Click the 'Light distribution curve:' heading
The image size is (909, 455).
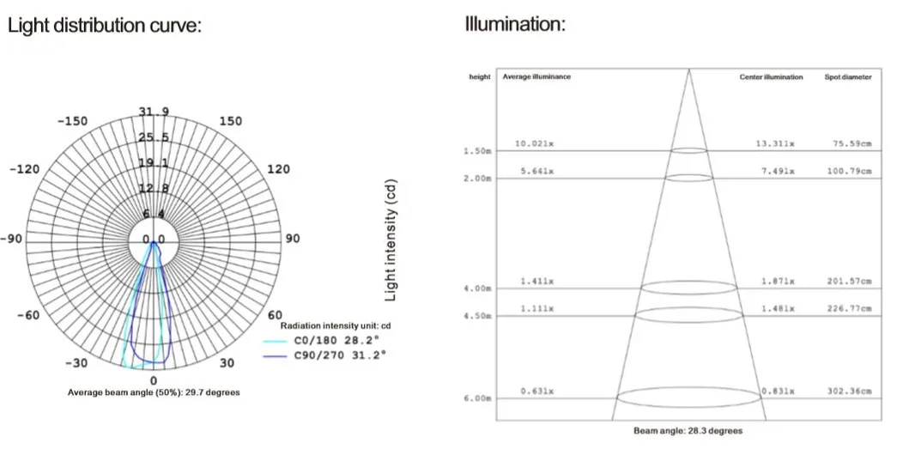click(104, 26)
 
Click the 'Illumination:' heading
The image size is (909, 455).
click(515, 24)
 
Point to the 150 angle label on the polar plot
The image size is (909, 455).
click(231, 122)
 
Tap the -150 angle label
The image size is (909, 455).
click(73, 122)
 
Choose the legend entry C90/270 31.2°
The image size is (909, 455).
click(338, 354)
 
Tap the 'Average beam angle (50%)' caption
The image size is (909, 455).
click(154, 392)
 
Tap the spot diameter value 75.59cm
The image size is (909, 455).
click(851, 143)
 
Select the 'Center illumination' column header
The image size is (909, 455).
click(771, 77)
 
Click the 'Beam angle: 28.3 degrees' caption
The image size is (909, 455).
click(688, 431)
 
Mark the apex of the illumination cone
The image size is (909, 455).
click(688, 69)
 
